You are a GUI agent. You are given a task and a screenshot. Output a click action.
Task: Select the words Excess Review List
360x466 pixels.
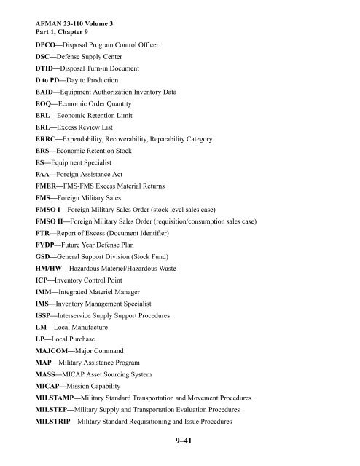point(91,126)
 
